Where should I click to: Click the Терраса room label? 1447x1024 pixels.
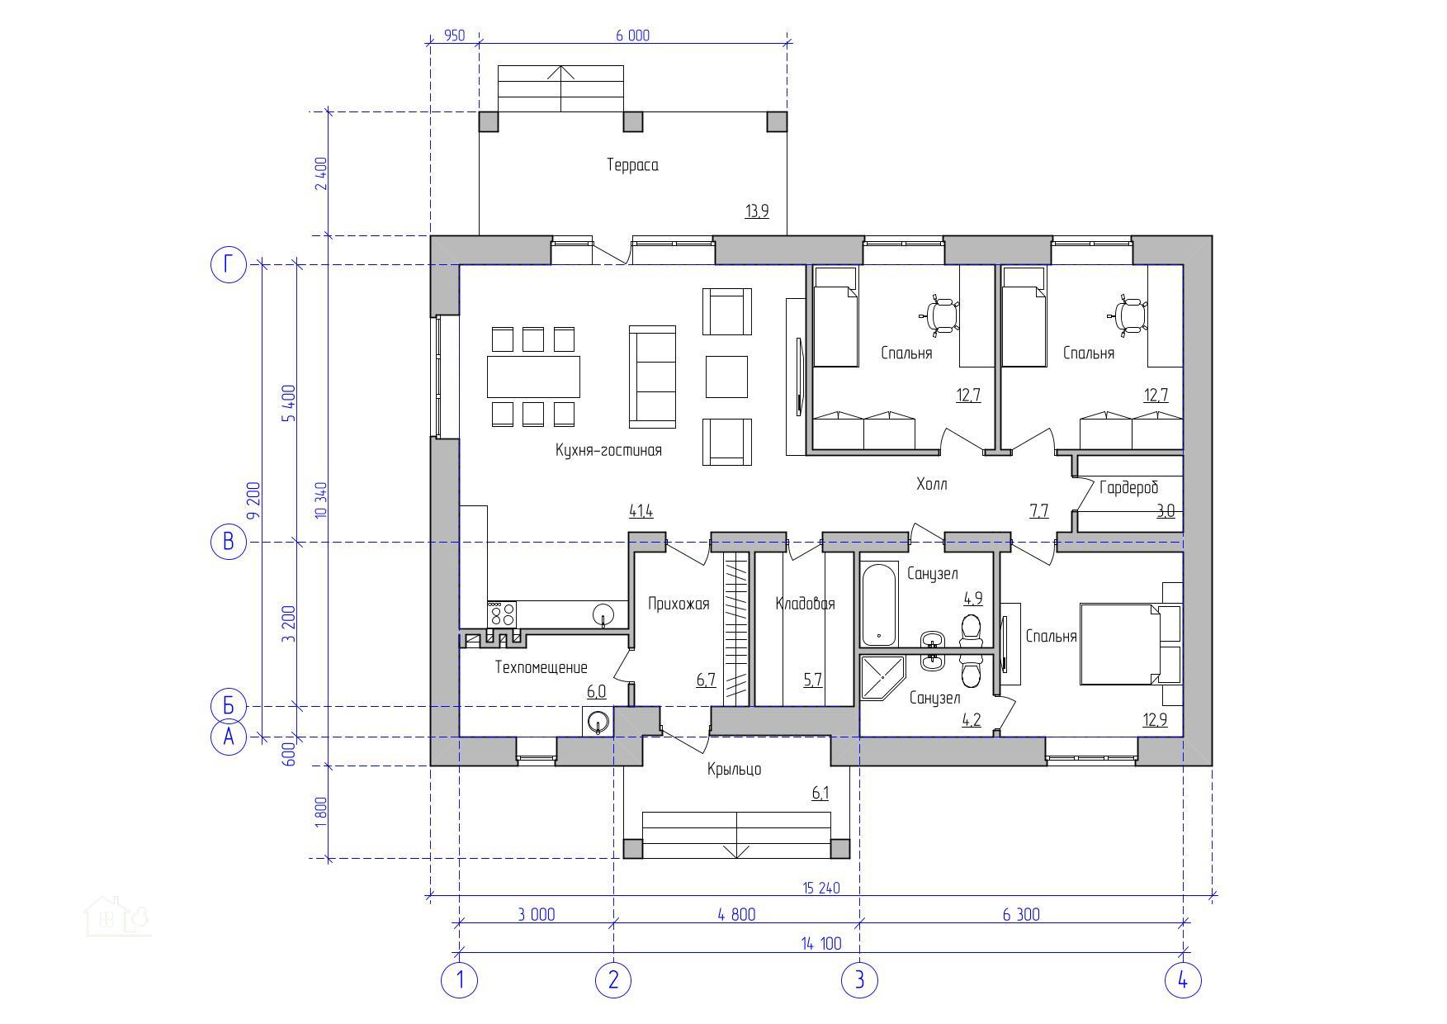pyautogui.click(x=632, y=165)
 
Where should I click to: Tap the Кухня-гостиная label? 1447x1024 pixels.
pyautogui.click(x=608, y=451)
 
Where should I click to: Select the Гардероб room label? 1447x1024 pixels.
pyautogui.click(x=1128, y=488)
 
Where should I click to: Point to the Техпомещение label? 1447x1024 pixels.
pyautogui.click(x=541, y=667)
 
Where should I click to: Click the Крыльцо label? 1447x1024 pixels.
pyautogui.click(x=734, y=770)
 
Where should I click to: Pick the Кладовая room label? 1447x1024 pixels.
pyautogui.click(x=805, y=604)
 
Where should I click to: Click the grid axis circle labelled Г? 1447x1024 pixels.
pyautogui.click(x=229, y=265)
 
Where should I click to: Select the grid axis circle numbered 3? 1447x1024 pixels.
pyautogui.click(x=859, y=981)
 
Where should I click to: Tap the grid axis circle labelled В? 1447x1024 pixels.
pyautogui.click(x=229, y=542)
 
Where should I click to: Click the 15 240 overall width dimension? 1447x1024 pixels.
pyautogui.click(x=821, y=889)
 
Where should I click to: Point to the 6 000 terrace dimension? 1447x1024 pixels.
pyautogui.click(x=632, y=36)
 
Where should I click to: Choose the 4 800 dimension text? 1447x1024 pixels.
pyautogui.click(x=736, y=915)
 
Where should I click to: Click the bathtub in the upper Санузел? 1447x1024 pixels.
pyautogui.click(x=879, y=604)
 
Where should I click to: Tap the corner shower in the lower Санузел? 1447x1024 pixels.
pyautogui.click(x=882, y=677)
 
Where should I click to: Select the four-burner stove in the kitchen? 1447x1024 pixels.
pyautogui.click(x=502, y=614)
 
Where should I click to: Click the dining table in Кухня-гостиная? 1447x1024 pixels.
pyautogui.click(x=533, y=377)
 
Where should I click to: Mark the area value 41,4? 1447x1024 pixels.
pyautogui.click(x=641, y=512)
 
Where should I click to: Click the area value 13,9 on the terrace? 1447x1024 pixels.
pyautogui.click(x=757, y=211)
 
